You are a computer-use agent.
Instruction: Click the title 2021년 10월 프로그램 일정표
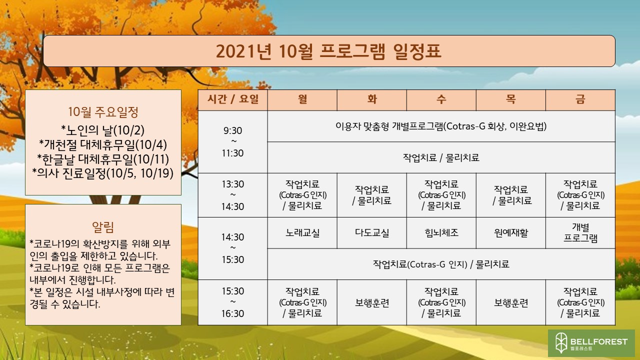click(328, 51)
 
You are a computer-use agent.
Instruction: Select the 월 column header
click(302, 99)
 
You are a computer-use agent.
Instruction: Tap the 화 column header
click(371, 99)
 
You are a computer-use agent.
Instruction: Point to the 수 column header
click(441, 99)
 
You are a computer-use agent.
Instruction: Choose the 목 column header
click(511, 99)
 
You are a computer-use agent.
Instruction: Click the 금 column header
click(580, 99)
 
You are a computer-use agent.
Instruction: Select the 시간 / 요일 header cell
click(233, 99)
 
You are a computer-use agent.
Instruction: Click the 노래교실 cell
click(302, 233)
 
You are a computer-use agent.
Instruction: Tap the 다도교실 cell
click(371, 233)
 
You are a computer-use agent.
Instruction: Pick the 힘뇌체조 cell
click(441, 233)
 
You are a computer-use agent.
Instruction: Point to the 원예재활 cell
click(511, 233)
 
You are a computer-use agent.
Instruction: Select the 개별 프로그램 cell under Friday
click(580, 233)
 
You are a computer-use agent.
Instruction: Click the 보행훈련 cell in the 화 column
click(371, 302)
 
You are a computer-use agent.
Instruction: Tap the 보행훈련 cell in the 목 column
click(511, 302)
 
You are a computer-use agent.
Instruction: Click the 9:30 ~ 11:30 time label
click(233, 141)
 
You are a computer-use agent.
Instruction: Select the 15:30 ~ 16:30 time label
click(233, 302)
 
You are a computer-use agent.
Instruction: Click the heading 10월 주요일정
click(103, 111)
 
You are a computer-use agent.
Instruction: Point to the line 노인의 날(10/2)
click(103, 130)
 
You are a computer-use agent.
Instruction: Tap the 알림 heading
click(103, 227)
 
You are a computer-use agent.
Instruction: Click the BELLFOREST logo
click(591, 343)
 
